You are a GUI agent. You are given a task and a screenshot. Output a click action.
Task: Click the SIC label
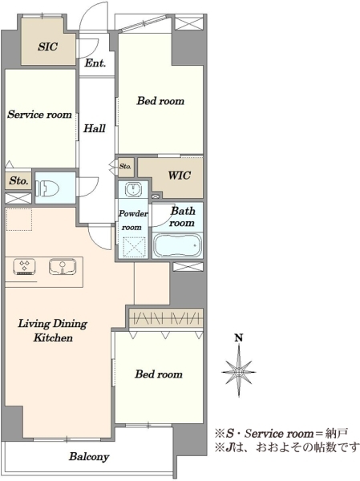(48, 46)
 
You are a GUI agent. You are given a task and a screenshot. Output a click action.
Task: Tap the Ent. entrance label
(95, 63)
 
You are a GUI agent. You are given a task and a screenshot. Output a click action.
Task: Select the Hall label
(95, 128)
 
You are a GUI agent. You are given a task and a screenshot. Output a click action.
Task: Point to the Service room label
(39, 115)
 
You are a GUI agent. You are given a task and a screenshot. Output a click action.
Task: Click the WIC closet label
(180, 175)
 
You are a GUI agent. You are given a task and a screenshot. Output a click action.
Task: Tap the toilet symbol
(47, 188)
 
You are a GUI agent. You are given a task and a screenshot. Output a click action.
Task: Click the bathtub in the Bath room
(177, 245)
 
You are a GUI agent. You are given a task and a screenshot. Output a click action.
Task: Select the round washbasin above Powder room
(133, 188)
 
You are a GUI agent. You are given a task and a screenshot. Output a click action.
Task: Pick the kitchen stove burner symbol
(24, 266)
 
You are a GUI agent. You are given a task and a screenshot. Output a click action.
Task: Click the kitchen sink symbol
(63, 266)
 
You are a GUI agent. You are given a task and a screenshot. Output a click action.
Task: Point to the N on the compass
(239, 338)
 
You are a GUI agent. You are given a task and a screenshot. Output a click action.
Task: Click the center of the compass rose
(239, 371)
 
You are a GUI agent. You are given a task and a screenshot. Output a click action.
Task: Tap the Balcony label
(89, 457)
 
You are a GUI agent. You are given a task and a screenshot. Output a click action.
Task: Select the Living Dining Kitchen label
(53, 330)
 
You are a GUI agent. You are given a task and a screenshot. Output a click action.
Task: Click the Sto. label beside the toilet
(18, 180)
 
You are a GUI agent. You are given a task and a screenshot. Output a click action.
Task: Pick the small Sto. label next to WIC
(125, 167)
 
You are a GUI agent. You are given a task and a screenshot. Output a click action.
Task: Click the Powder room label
(133, 220)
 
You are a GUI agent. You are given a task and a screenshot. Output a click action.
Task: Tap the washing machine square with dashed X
(134, 248)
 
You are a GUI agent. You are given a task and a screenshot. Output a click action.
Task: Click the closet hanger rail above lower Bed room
(166, 317)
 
